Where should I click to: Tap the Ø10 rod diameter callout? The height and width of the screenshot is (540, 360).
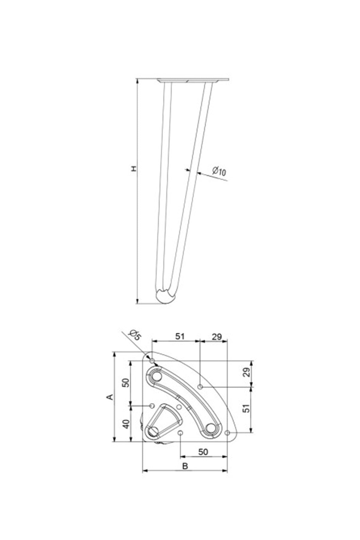tap(219, 171)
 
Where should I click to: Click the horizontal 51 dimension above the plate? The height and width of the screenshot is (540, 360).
tap(180, 336)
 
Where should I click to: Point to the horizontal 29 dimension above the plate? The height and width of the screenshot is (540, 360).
tap(217, 337)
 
